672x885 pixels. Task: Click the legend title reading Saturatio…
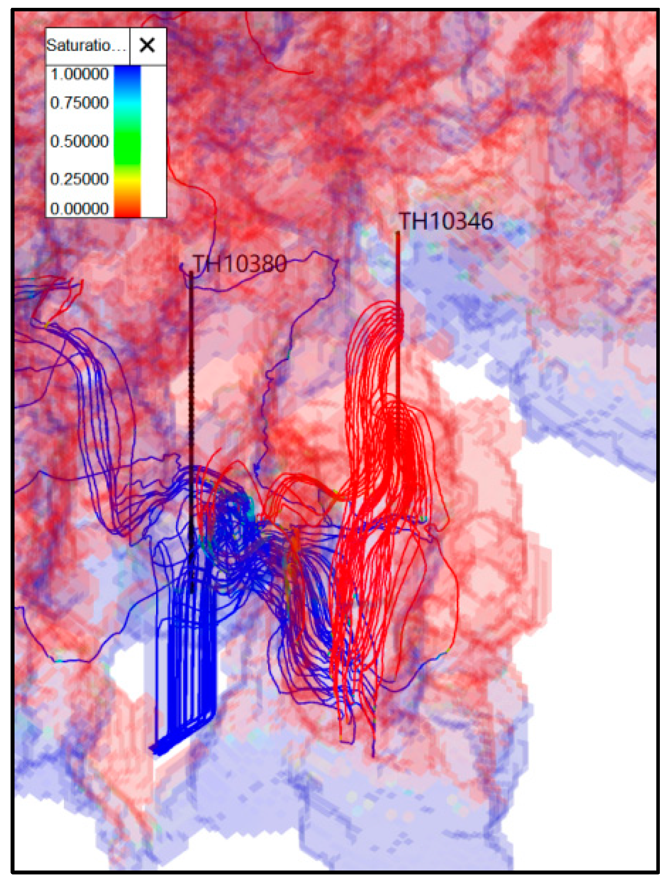pos(87,45)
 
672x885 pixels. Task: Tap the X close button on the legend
pos(147,45)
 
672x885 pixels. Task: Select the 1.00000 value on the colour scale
pos(80,74)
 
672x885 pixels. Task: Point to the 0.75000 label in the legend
pos(80,103)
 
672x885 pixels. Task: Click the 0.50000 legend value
pos(80,141)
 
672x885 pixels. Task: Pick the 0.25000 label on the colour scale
pos(80,179)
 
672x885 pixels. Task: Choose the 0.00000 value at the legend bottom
pos(80,208)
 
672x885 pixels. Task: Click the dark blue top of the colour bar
pos(127,74)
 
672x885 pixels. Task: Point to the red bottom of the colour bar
pos(127,210)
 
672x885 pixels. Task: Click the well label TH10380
pos(240,264)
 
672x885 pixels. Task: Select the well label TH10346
pos(446,221)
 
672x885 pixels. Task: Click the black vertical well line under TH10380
pos(191,380)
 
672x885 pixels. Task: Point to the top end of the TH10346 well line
pos(398,233)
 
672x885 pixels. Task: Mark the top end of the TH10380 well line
pos(191,273)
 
